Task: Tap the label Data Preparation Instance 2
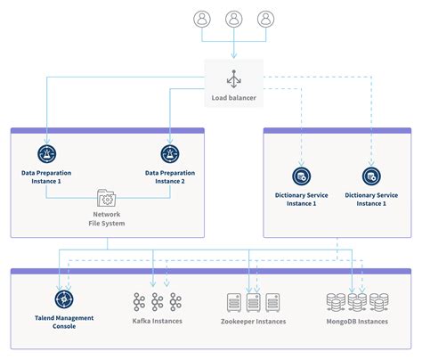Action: pos(170,177)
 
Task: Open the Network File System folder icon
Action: pos(107,198)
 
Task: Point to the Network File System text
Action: pos(107,219)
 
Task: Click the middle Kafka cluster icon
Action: pos(157,300)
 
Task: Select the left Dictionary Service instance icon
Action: pos(301,176)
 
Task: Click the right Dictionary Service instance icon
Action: pos(370,176)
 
